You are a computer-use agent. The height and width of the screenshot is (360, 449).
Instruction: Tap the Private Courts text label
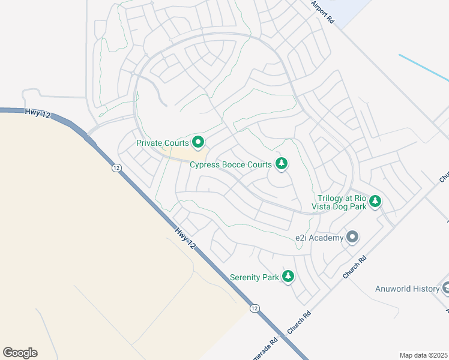tap(163, 143)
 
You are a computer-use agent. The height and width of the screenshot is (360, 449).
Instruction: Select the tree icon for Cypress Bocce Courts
tap(281, 163)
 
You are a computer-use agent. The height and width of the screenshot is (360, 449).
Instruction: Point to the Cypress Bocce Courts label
tap(231, 164)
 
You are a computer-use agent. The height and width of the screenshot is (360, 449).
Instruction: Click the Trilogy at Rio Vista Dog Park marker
tap(375, 200)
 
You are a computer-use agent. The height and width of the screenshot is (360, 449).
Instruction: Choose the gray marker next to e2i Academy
tap(352, 238)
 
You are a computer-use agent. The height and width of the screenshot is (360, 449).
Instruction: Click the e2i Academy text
tap(319, 238)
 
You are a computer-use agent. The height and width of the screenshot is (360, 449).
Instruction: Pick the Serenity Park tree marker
tap(289, 277)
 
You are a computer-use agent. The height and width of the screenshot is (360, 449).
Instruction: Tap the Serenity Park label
tap(255, 277)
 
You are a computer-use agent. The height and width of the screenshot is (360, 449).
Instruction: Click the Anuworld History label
tap(407, 289)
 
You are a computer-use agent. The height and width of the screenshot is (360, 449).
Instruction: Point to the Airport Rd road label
tap(322, 11)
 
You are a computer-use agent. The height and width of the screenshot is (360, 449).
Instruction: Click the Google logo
tap(20, 353)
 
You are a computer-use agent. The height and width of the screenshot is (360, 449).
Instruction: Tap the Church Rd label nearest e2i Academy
tap(354, 267)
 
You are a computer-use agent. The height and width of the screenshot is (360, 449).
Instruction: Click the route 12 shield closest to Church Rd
tap(255, 308)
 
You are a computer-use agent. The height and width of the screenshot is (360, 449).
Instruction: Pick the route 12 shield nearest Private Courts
tap(116, 168)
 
